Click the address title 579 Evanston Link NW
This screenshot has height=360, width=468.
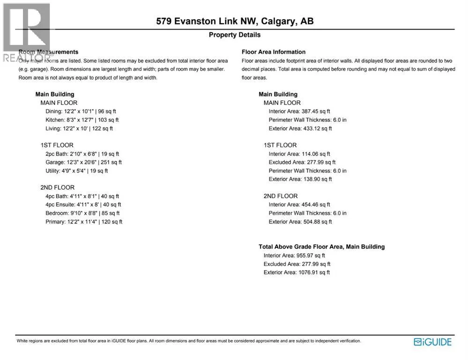point(234,21)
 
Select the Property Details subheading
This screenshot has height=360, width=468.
point(234,35)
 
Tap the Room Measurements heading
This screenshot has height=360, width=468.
point(48,52)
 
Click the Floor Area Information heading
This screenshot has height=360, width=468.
point(274,52)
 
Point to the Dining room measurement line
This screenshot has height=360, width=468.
point(81,112)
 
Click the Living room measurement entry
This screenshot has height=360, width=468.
point(79,128)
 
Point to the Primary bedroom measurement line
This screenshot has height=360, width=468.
point(84,222)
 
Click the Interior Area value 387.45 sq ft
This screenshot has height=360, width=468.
point(299,112)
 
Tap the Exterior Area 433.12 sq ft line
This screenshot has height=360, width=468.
point(300,128)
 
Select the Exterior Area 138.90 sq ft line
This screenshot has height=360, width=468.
point(300,179)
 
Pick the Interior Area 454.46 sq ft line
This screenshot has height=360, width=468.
point(299,204)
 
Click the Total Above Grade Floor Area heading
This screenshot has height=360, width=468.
point(321,247)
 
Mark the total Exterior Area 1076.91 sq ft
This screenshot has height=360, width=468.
point(297,272)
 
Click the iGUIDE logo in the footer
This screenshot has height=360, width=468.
point(432,342)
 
